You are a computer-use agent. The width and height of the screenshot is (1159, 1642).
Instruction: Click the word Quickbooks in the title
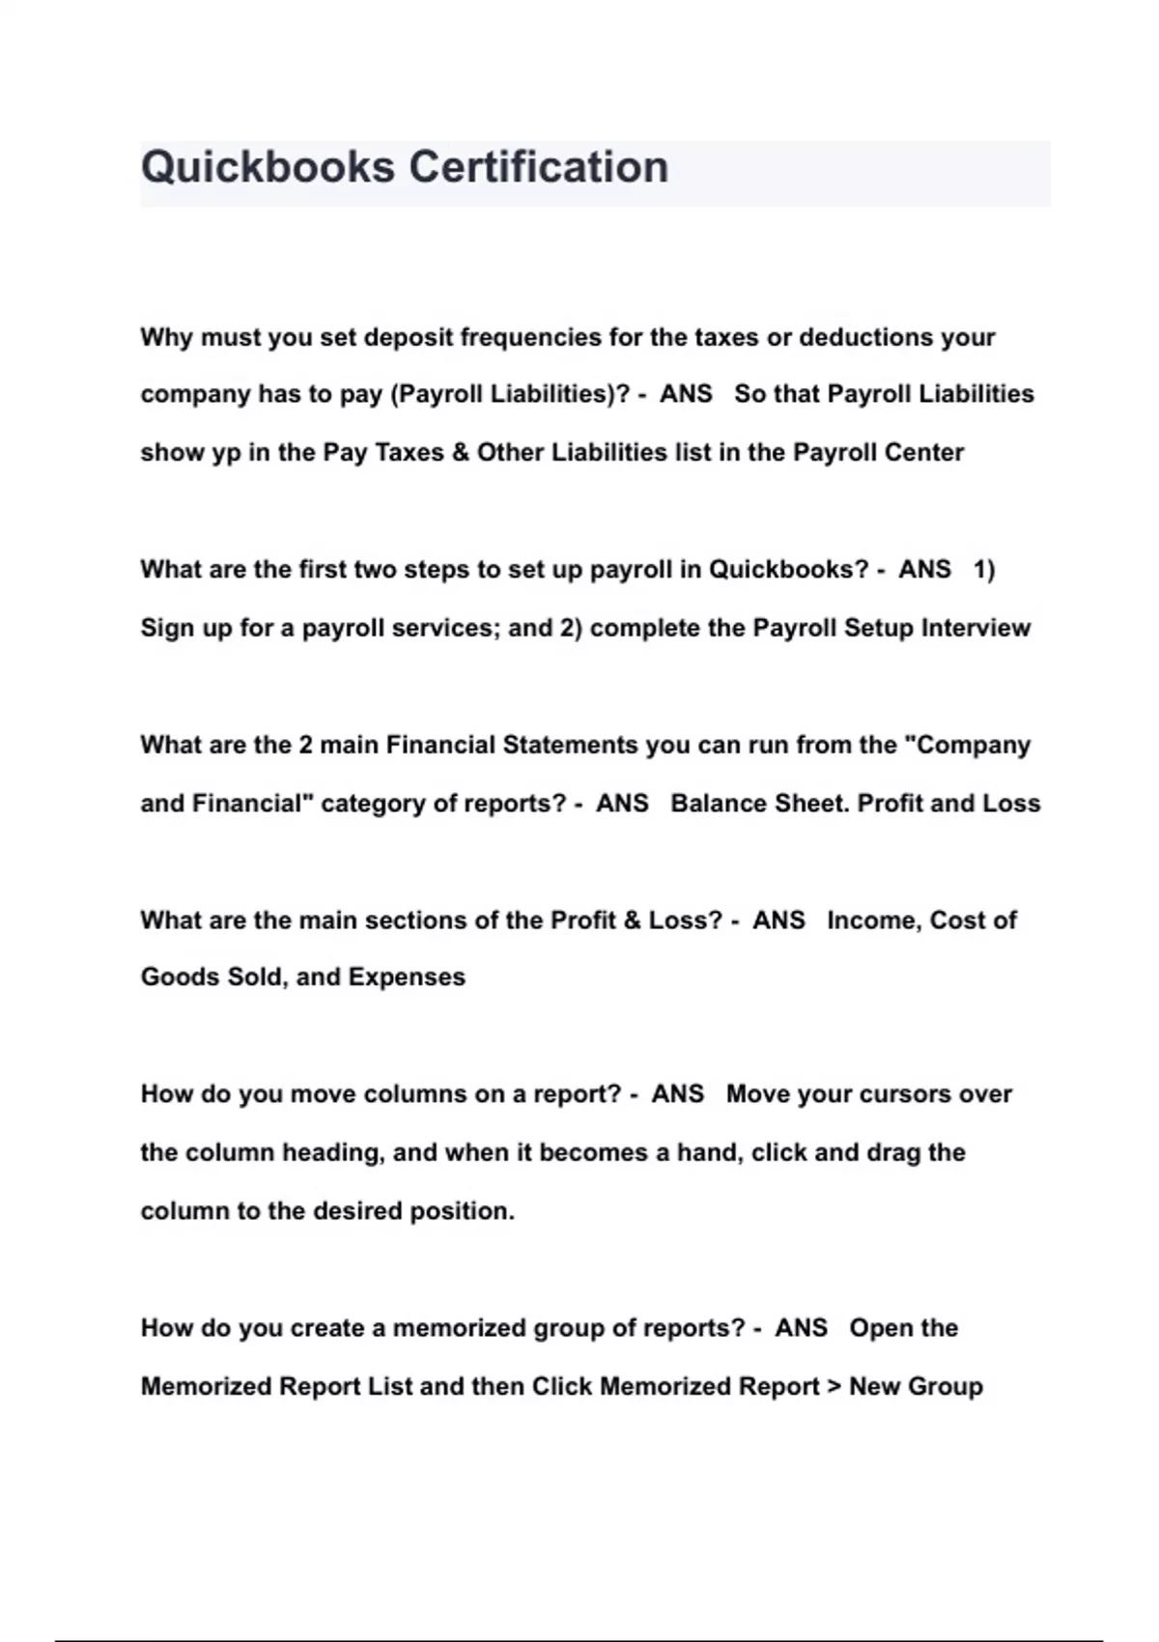(x=268, y=167)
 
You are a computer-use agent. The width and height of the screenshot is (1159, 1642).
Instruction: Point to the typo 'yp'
(x=226, y=453)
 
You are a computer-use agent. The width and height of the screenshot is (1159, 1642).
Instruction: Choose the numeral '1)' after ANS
(x=983, y=570)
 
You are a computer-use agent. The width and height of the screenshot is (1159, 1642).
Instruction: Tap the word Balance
(x=712, y=804)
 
